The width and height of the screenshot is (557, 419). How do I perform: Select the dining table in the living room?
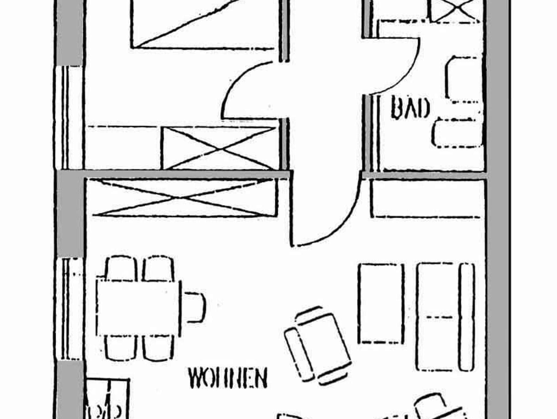(138, 308)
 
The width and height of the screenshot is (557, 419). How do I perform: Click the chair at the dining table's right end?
(195, 307)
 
